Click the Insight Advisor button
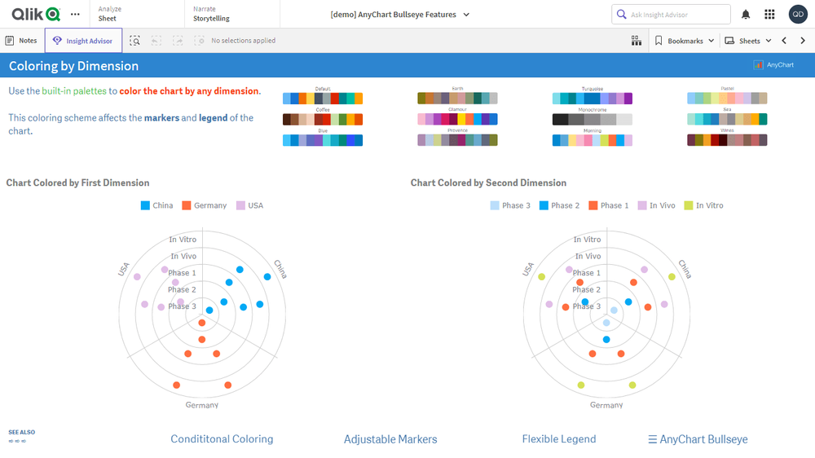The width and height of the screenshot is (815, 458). (83, 41)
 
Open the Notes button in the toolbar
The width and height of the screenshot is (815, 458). (22, 41)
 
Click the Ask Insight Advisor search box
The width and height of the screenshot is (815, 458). (671, 15)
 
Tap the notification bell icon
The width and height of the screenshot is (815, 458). (746, 15)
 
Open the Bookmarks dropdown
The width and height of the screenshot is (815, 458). (684, 41)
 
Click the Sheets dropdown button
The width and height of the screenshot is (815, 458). (747, 41)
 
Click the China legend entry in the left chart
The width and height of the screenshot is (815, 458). (156, 205)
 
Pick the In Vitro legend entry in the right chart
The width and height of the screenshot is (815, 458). (705, 205)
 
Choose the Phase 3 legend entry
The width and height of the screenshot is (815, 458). (510, 205)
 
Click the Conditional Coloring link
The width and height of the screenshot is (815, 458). (222, 439)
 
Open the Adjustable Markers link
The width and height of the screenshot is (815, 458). (390, 439)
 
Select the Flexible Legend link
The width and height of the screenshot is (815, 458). (559, 439)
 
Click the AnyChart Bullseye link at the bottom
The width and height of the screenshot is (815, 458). (698, 439)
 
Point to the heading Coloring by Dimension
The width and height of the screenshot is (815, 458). (74, 66)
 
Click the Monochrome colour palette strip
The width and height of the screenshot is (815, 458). (592, 119)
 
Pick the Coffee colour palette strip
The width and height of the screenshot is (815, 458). (323, 119)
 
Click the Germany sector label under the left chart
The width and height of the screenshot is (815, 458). (202, 405)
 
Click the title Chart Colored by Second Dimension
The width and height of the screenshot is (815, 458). (488, 183)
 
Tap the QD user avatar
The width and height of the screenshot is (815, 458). (798, 15)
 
